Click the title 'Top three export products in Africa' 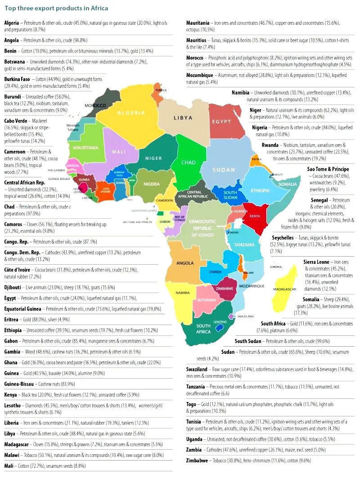click(x=56, y=9)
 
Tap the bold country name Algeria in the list click(x=13, y=23)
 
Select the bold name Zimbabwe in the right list click(x=197, y=461)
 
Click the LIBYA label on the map click(x=183, y=118)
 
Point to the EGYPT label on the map click(x=221, y=122)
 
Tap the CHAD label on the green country click(x=189, y=162)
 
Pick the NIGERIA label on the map click(x=152, y=184)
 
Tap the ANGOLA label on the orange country click(x=185, y=262)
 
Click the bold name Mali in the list click(x=9, y=466)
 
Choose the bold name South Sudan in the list click(x=252, y=341)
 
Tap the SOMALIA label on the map click(x=287, y=184)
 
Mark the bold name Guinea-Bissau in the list click(x=19, y=384)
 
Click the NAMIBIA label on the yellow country click(x=182, y=293)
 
